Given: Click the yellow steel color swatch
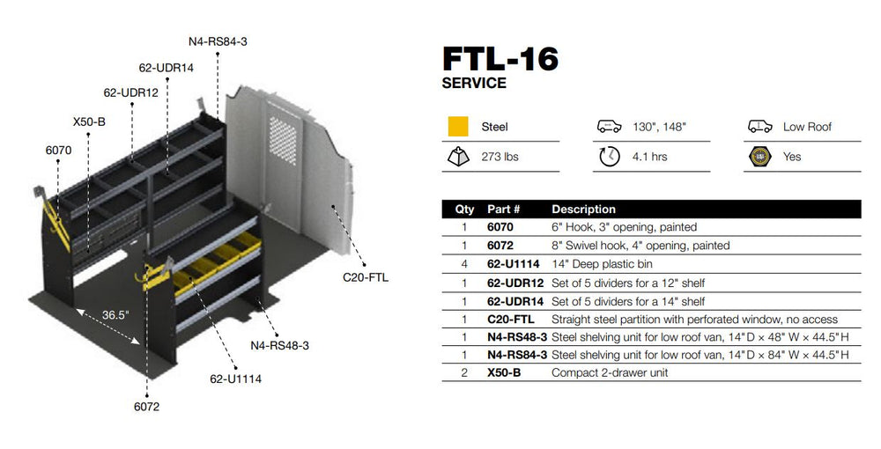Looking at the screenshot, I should [458, 127].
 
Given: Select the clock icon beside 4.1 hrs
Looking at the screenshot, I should [609, 157].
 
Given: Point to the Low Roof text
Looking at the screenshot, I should [807, 127].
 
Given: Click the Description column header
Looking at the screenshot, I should [583, 210].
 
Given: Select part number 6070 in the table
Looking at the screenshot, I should [500, 227].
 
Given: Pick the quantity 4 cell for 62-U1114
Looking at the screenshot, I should [463, 264].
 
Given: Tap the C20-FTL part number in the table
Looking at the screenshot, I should [510, 319].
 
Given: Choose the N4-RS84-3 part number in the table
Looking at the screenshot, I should [517, 355].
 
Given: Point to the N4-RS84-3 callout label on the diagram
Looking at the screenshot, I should [218, 41].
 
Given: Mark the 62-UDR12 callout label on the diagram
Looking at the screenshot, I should [130, 92].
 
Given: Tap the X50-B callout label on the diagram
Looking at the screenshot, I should [89, 121].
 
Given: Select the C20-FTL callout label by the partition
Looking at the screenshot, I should [365, 278].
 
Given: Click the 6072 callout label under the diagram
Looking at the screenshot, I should [146, 407].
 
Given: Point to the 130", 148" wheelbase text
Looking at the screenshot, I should [660, 127].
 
